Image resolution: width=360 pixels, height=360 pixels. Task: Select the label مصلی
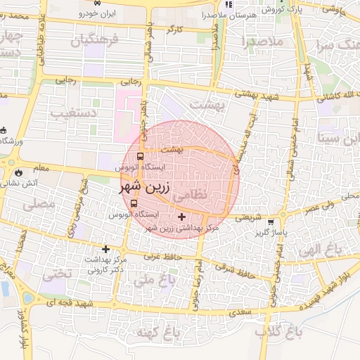(39, 205)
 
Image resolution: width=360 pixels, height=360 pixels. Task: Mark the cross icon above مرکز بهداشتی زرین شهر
(183, 217)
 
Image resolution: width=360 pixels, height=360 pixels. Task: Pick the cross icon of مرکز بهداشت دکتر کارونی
(106, 249)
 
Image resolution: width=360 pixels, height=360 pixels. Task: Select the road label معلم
(41, 168)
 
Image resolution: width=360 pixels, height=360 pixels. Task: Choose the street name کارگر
(174, 30)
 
